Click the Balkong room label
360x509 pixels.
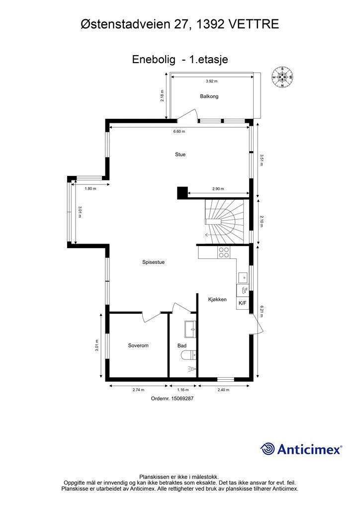coord(209,96)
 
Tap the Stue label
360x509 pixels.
coord(180,155)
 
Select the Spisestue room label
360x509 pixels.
coord(153,262)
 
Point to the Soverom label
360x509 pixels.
coord(138,345)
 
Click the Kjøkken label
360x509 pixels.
coord(217,300)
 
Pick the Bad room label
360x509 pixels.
coord(182,346)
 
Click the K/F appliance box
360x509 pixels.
coord(243,303)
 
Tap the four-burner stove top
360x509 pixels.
coord(224,252)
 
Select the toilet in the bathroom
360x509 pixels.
coord(188,355)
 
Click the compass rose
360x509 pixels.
coord(282,77)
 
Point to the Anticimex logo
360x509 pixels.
coord(301,449)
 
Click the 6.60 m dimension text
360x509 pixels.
coord(179,131)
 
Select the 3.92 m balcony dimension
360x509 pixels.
coord(212,81)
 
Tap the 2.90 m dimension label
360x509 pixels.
coord(218,188)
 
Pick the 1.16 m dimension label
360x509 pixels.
coord(183,390)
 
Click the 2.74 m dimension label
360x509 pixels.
coord(138,390)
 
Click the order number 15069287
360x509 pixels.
coord(182,398)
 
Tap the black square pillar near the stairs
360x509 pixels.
coord(182,193)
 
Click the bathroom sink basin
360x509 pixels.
coord(190,330)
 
